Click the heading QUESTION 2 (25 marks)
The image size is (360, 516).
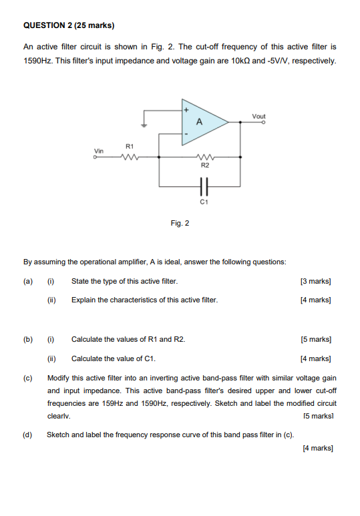pos(69,26)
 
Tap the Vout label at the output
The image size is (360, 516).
pos(258,116)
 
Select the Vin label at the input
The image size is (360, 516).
pos(99,151)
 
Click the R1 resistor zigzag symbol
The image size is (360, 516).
pos(130,158)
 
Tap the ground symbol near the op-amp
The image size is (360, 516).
pos(143,123)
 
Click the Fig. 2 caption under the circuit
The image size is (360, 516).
pos(180,223)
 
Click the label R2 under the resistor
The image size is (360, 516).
pos(205,164)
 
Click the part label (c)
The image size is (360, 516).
pos(27,378)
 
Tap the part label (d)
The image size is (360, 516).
pos(27,435)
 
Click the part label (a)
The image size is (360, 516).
pos(27,281)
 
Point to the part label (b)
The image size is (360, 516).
pos(27,339)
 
